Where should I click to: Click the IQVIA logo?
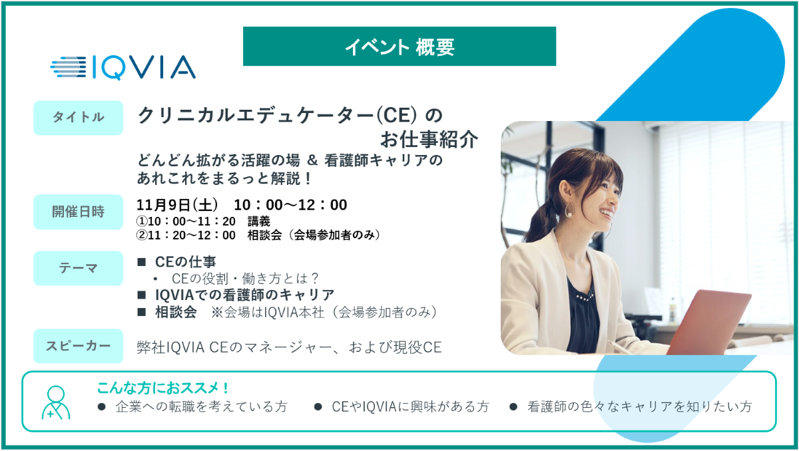(x=123, y=67)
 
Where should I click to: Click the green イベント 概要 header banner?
(x=399, y=47)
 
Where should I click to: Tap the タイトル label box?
(x=78, y=118)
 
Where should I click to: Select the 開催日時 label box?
(x=78, y=212)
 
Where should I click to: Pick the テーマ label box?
(x=78, y=268)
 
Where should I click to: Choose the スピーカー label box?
(x=78, y=346)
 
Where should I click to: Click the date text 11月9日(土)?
(x=177, y=205)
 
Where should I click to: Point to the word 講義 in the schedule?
(x=259, y=222)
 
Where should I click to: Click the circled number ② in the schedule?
(x=142, y=235)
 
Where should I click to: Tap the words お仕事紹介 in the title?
(x=429, y=139)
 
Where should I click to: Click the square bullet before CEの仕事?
(x=142, y=262)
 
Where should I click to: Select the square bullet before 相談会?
(x=142, y=312)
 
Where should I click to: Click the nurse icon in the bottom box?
(x=56, y=402)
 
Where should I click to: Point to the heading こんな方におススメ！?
(x=162, y=388)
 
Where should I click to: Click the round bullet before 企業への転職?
(x=102, y=407)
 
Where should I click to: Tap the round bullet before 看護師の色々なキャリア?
(x=513, y=407)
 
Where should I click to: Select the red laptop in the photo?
(x=708, y=323)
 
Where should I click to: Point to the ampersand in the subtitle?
(x=312, y=160)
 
